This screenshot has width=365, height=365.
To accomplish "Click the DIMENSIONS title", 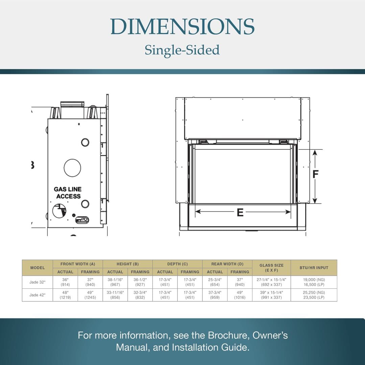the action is click(182, 26).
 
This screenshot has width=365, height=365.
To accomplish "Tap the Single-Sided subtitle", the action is click(182, 50).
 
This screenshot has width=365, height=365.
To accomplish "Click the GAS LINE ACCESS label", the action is click(68, 193).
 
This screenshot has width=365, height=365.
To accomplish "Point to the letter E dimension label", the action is click(240, 213).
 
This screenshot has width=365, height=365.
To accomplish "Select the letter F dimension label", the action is click(315, 174).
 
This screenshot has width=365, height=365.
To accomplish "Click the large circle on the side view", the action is click(72, 168).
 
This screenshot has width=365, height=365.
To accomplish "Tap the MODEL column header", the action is click(38, 268).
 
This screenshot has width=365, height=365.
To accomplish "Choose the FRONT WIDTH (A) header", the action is click(78, 264).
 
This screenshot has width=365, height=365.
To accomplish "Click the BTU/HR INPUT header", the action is click(314, 268).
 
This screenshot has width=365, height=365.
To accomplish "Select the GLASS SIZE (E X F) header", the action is click(271, 268).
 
